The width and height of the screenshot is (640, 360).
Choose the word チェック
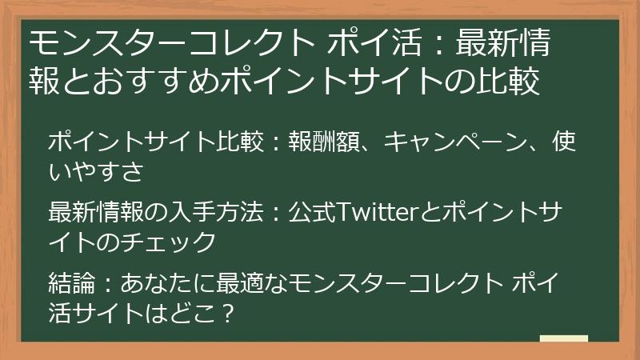[x=173, y=241]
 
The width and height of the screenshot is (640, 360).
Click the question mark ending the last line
[x=226, y=312]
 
